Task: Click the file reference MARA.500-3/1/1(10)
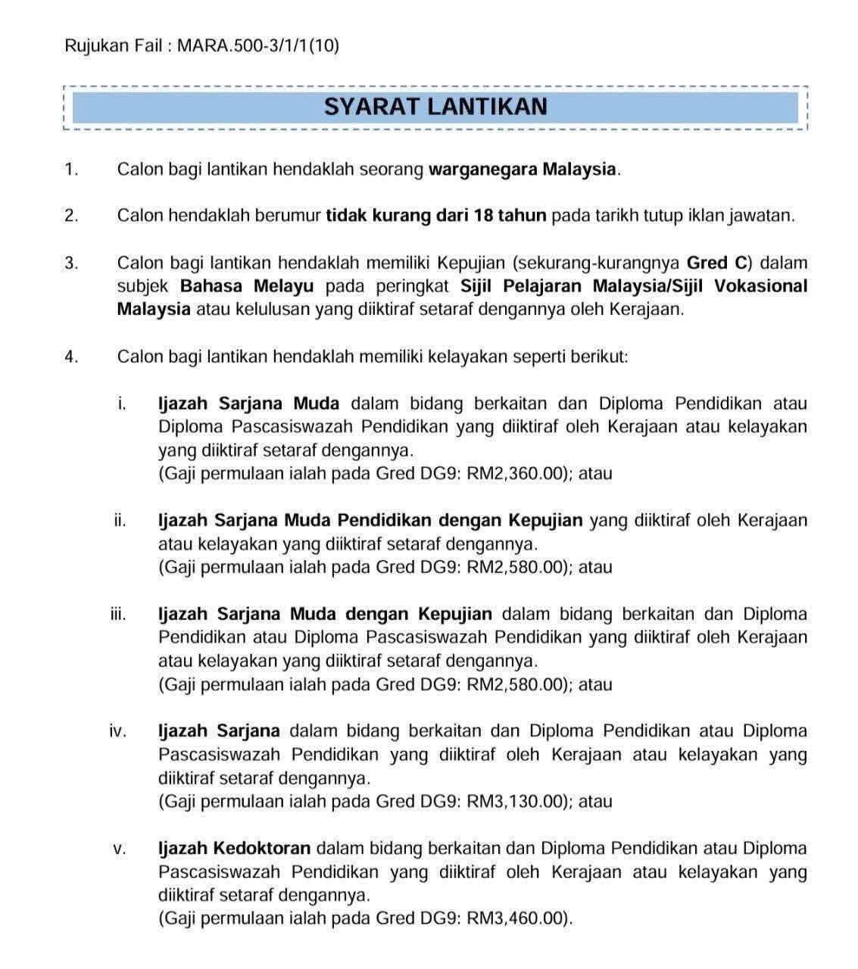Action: pyautogui.click(x=257, y=46)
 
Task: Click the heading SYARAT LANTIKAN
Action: pyautogui.click(x=435, y=107)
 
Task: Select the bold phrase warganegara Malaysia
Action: pyautogui.click(x=523, y=169)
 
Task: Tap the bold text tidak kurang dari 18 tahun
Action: pyautogui.click(x=435, y=216)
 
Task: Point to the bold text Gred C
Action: pyautogui.click(x=718, y=263)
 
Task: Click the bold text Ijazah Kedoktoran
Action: pyautogui.click(x=234, y=849)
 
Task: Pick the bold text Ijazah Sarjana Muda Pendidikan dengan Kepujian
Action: pyautogui.click(x=370, y=521)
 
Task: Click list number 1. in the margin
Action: pyautogui.click(x=71, y=170)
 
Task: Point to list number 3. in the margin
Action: pyautogui.click(x=71, y=263)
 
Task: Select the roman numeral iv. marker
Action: pyautogui.click(x=117, y=731)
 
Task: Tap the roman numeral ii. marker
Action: pyautogui.click(x=120, y=521)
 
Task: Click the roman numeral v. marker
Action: pyautogui.click(x=119, y=849)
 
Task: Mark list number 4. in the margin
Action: pyautogui.click(x=71, y=357)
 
